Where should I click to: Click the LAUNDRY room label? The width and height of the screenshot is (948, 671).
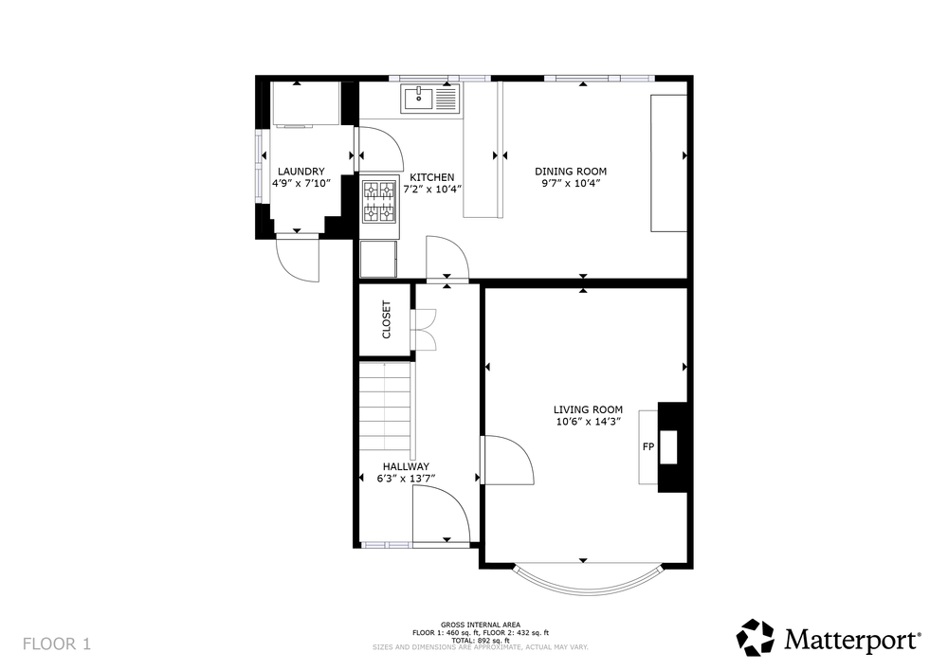click(301, 172)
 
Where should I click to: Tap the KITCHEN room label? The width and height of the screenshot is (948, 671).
click(431, 178)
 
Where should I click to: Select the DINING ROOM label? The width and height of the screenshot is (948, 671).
click(571, 172)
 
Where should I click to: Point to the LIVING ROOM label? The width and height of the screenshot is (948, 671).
click(589, 409)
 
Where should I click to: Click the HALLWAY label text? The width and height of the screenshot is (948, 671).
click(407, 466)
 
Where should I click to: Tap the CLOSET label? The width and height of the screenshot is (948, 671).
click(387, 319)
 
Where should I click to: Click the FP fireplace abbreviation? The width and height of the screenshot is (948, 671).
click(648, 447)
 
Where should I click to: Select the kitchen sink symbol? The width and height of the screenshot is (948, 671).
click(430, 99)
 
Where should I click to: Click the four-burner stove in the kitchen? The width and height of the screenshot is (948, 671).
click(379, 202)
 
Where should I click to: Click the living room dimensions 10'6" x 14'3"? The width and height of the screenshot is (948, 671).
click(589, 422)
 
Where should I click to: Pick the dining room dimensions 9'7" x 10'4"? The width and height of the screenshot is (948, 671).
click(571, 184)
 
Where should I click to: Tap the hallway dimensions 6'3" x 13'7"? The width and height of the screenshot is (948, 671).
click(407, 479)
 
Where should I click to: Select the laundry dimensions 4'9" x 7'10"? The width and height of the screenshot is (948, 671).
click(301, 184)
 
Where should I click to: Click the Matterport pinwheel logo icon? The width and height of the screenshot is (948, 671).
click(756, 637)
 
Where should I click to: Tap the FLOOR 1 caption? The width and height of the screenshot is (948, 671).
click(57, 644)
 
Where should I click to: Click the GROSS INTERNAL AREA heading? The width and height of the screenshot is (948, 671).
click(481, 626)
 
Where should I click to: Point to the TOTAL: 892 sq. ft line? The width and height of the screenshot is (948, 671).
click(481, 641)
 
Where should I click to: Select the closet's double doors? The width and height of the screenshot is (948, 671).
click(424, 330)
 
